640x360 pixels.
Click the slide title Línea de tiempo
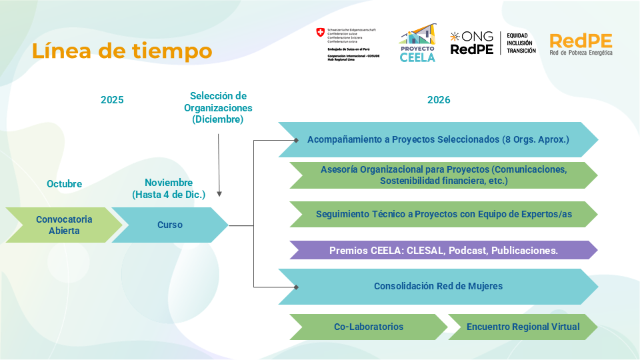[122, 51]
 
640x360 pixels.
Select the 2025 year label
[112, 100]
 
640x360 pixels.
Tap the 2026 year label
[439, 100]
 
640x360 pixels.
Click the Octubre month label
[64, 183]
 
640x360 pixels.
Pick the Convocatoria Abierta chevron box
[64, 225]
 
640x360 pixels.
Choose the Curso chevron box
[170, 225]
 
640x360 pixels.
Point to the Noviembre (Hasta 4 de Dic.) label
[169, 189]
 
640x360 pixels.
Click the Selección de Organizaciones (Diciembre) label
[218, 108]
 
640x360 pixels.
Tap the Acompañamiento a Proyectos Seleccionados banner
[438, 140]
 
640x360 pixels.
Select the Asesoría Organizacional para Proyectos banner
[443, 175]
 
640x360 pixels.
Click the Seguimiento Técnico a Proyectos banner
[443, 214]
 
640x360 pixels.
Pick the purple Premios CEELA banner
[443, 251]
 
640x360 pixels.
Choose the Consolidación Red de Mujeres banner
[438, 286]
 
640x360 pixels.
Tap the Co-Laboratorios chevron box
[369, 327]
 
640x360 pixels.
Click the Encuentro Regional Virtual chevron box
[523, 327]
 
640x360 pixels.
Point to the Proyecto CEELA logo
[417, 44]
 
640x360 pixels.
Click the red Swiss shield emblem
[321, 33]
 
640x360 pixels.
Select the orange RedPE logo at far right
[581, 44]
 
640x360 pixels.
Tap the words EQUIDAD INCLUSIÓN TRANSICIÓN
[521, 43]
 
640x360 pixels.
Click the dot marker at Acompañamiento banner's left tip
[296, 140]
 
